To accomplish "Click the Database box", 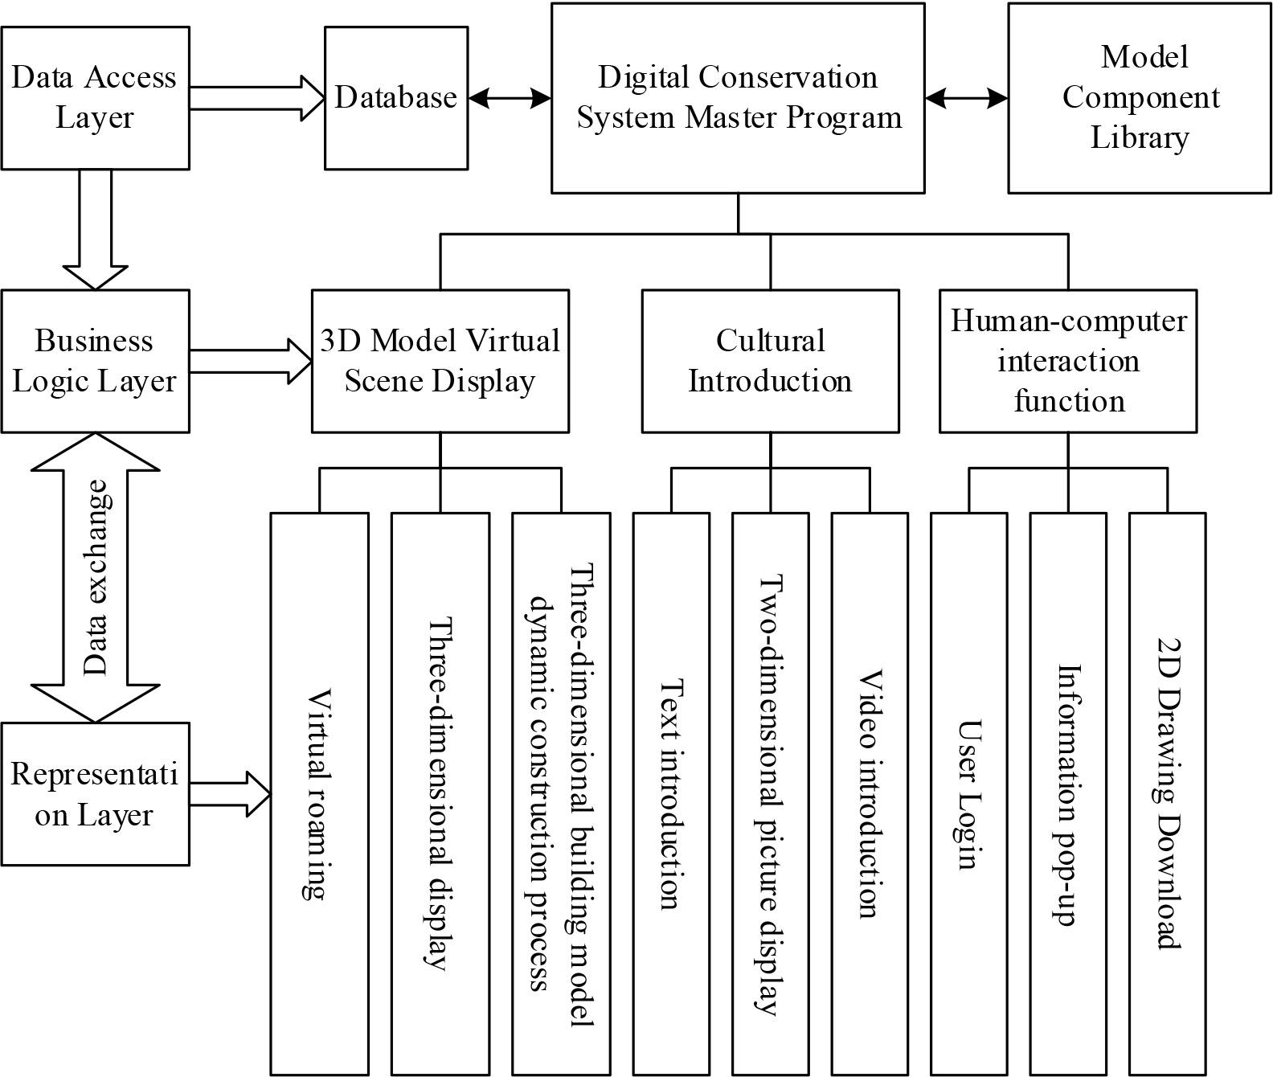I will [x=396, y=97].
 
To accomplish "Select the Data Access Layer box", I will [x=95, y=97].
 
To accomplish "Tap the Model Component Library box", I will [x=1139, y=97].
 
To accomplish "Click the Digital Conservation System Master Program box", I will [x=738, y=97].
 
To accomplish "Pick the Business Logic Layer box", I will [x=95, y=361].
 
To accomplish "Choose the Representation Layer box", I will [x=95, y=793].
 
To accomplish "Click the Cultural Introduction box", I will [x=770, y=361].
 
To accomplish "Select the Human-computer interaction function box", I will [x=1068, y=361].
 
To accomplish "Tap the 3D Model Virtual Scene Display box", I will [x=440, y=361].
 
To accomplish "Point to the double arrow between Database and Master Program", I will [x=510, y=98].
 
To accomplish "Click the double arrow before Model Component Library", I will [x=966, y=98].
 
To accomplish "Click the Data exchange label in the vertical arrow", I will [x=96, y=577].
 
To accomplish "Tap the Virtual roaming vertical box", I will [x=319, y=793].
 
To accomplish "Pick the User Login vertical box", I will [x=968, y=793].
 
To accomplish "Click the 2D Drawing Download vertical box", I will [x=1167, y=793].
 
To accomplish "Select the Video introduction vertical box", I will [x=869, y=793].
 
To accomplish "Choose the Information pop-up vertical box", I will [x=1068, y=793].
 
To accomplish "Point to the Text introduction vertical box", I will [x=671, y=793].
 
